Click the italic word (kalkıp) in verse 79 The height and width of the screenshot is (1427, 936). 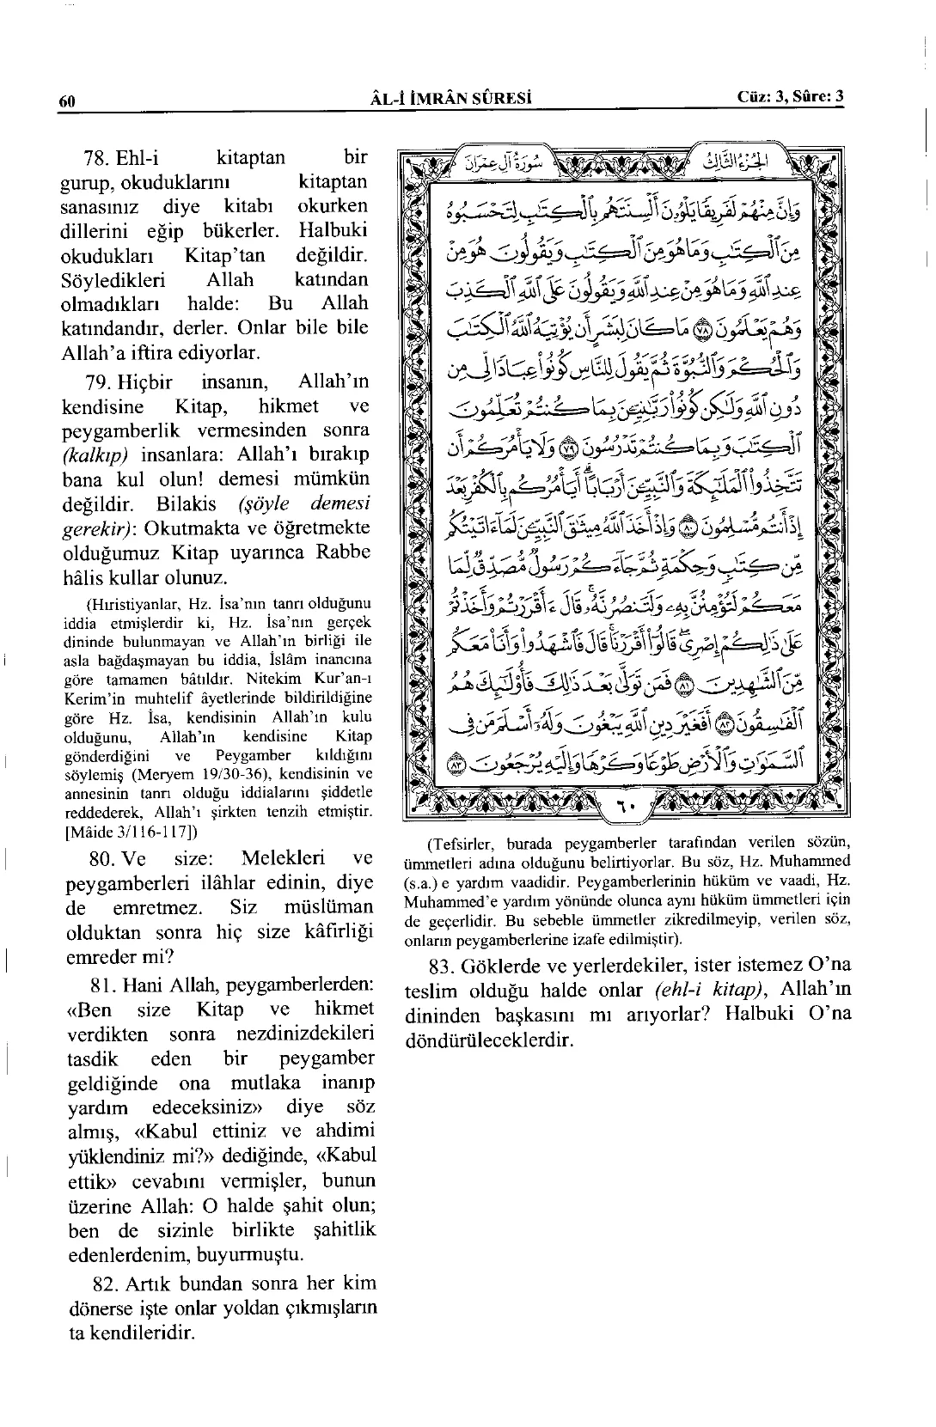(x=95, y=454)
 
